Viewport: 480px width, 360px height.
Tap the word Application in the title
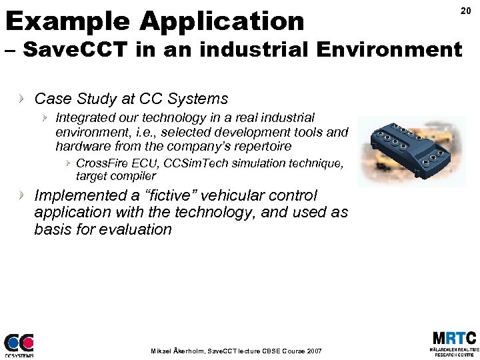(222, 21)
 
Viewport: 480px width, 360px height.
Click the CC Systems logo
(19, 345)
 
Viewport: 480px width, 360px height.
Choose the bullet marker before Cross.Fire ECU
(67, 163)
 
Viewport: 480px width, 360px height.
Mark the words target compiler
(115, 176)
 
